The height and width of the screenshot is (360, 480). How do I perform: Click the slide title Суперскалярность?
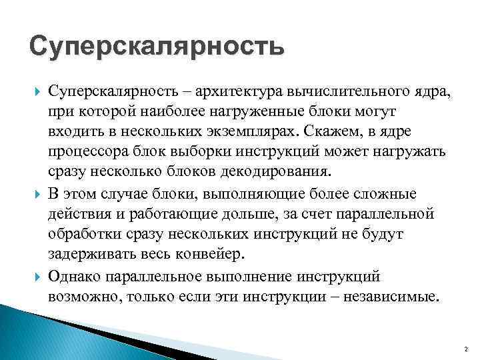157,47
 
